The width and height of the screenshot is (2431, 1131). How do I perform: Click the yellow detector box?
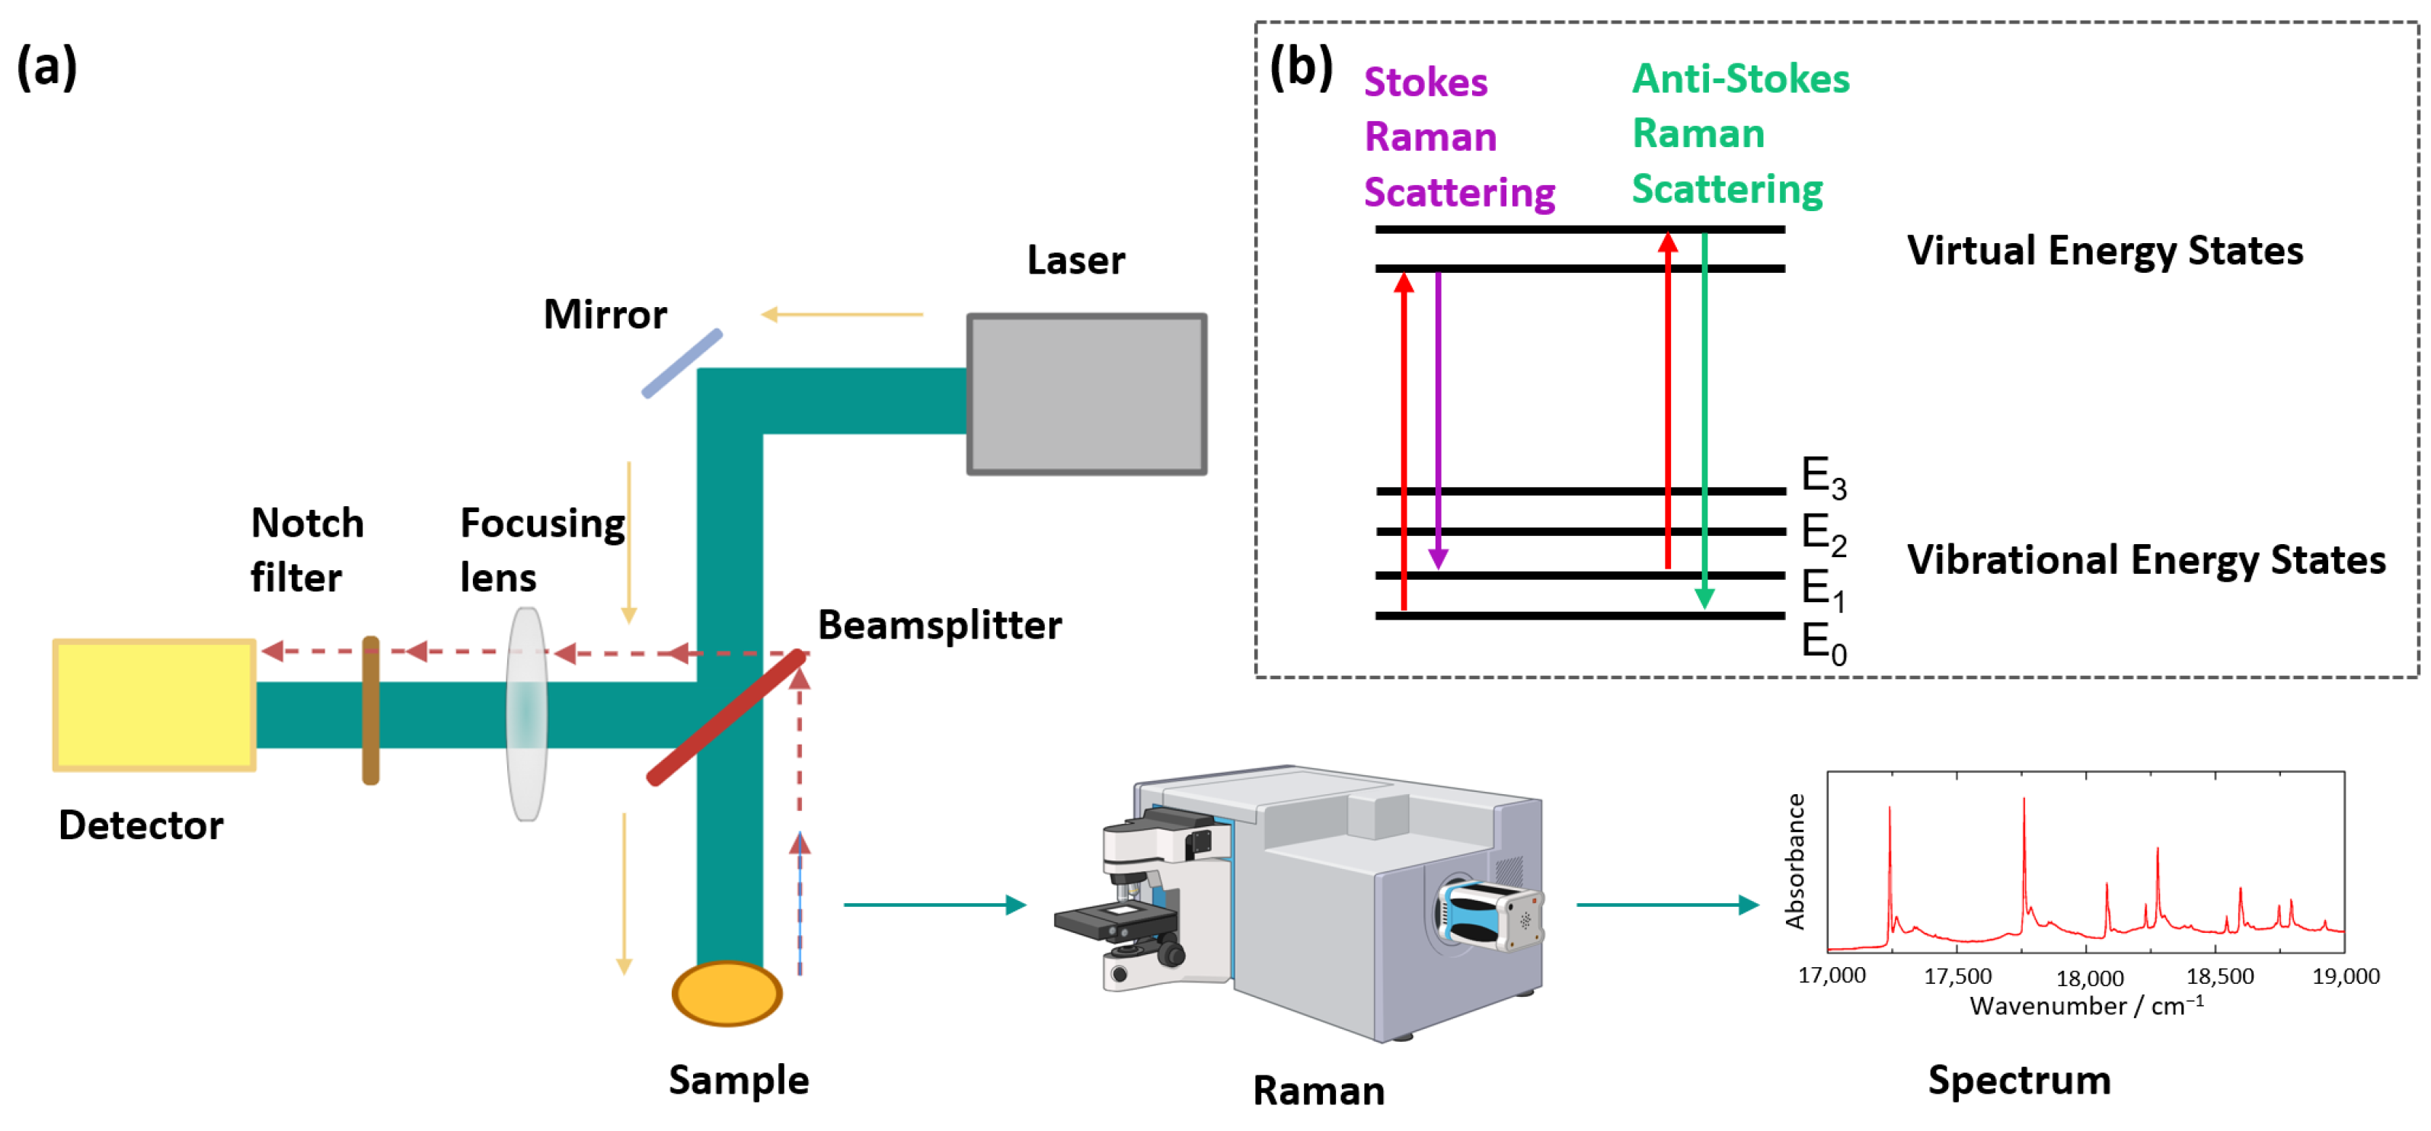154,705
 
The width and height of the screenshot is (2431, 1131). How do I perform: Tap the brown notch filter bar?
371,710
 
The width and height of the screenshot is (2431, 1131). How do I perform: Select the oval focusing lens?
526,713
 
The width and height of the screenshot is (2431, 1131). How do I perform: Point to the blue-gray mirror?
682,364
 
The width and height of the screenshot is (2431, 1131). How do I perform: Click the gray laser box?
1087,394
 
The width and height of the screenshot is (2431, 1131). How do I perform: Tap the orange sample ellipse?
727,993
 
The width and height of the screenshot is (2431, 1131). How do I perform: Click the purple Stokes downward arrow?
1438,421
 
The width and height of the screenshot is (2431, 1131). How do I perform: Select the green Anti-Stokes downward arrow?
1704,421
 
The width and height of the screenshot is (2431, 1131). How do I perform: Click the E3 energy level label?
1823,477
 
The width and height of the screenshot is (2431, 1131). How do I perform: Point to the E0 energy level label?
1823,644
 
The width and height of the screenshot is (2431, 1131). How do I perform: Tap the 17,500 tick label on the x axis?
1958,976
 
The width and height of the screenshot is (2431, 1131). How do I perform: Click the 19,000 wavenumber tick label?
2346,976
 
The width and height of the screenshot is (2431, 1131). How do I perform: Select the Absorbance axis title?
1795,861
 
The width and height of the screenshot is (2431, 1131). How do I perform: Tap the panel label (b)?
1302,68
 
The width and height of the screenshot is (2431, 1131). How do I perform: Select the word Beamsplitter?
940,625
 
